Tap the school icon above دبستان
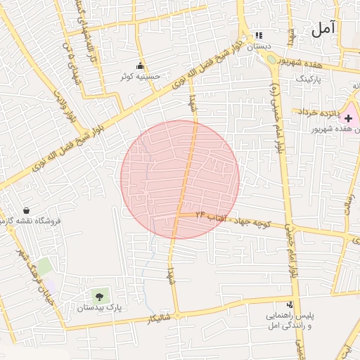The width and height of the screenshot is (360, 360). [x=259, y=35]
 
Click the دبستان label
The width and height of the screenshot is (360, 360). [x=258, y=46]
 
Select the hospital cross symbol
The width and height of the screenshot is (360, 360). [x=348, y=118]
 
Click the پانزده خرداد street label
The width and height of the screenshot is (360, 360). [x=319, y=112]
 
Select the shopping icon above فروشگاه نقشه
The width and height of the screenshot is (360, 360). [x=27, y=210]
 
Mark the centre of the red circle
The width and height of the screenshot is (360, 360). [x=180, y=179]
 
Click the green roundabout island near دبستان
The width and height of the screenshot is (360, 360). [x=271, y=60]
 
